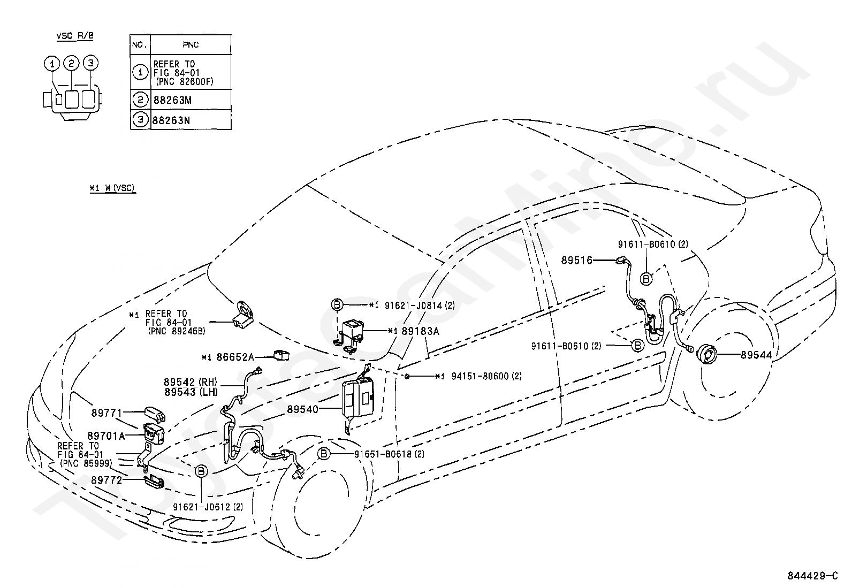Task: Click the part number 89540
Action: [x=302, y=409]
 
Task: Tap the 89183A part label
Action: [x=420, y=331]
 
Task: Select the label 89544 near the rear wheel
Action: [x=757, y=355]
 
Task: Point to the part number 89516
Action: [x=577, y=260]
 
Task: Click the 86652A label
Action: [x=235, y=357]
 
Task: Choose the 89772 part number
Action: [x=107, y=480]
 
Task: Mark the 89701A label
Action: [x=106, y=436]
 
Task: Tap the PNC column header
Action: [x=191, y=44]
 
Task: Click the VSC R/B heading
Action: [x=75, y=36]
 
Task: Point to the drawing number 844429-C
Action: [x=812, y=576]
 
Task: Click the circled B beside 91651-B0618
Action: [x=324, y=453]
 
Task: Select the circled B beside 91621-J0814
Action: [x=337, y=304]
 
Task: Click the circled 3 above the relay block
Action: [x=90, y=63]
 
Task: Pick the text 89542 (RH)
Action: [x=191, y=382]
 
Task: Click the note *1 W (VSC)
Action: [x=112, y=188]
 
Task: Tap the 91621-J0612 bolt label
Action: [x=208, y=507]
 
